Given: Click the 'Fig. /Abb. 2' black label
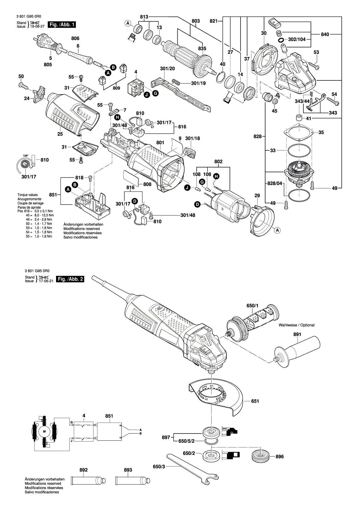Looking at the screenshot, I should tap(71, 279).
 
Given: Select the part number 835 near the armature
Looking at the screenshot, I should tap(202, 49).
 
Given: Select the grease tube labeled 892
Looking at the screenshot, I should tap(88, 480).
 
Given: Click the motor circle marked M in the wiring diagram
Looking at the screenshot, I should tap(44, 431).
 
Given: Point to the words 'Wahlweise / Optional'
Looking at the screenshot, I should tap(296, 325).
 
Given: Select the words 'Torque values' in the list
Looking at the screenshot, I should tap(27, 195).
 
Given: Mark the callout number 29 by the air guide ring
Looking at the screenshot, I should tap(257, 196).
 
